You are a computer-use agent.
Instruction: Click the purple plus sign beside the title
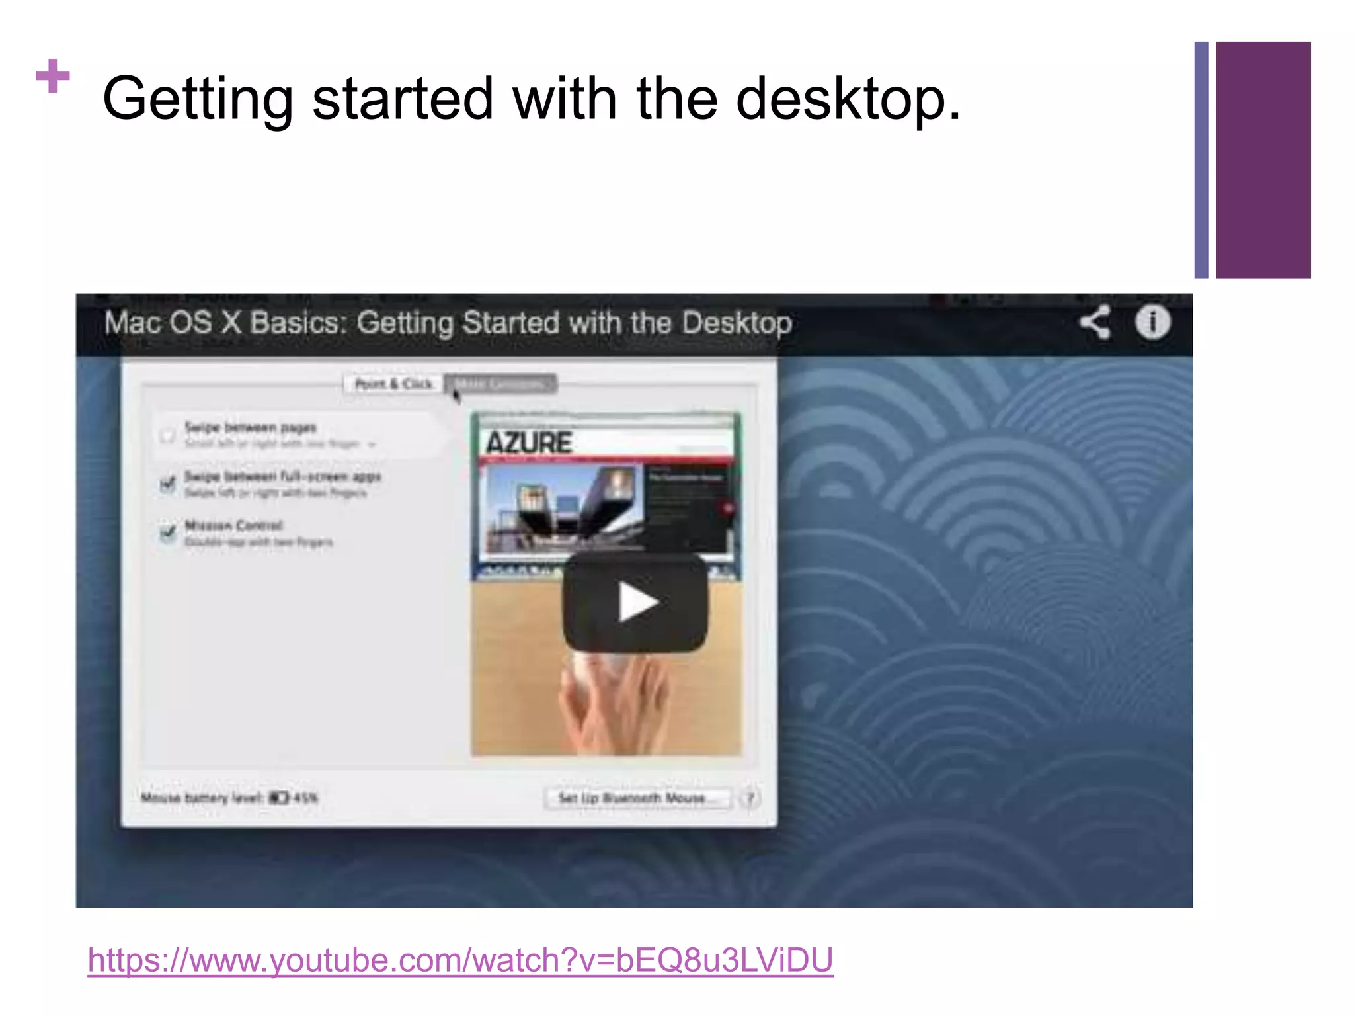point(53,76)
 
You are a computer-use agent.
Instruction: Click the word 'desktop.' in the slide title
point(848,99)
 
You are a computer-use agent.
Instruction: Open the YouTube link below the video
point(460,960)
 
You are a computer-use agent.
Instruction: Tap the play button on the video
point(635,602)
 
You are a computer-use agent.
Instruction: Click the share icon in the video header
point(1095,323)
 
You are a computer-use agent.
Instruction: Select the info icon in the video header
point(1152,323)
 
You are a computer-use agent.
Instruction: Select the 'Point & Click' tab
point(393,384)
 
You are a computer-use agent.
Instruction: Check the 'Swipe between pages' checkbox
point(167,435)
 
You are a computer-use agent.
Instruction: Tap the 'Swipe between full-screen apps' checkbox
point(168,484)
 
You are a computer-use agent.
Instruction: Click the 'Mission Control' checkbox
point(168,532)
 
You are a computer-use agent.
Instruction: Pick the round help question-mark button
point(750,798)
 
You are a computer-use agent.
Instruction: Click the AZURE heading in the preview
point(529,443)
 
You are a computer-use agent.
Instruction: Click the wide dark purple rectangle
point(1263,160)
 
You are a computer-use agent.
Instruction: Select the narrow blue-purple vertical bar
point(1201,160)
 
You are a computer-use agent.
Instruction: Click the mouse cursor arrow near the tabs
point(456,395)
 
